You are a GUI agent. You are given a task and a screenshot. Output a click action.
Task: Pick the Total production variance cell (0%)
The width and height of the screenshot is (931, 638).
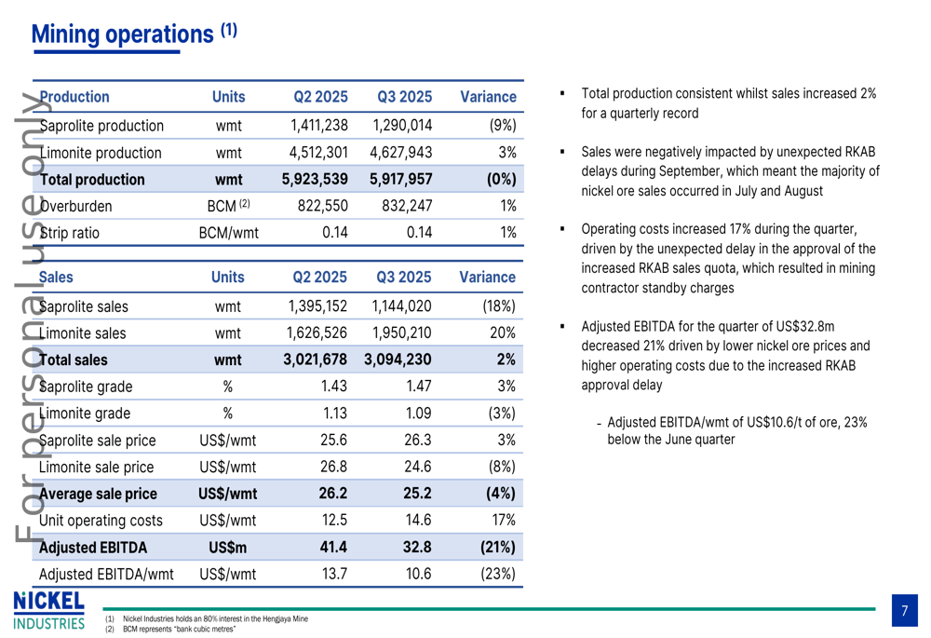click(x=501, y=180)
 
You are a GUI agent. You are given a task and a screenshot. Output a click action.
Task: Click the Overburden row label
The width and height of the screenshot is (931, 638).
click(x=75, y=207)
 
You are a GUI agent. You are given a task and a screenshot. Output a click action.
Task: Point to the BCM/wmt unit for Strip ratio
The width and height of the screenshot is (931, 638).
click(x=228, y=233)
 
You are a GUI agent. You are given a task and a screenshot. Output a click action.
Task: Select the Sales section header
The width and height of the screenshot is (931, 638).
click(x=57, y=277)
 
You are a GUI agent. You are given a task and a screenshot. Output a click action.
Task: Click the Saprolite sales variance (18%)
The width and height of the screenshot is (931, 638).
click(x=498, y=305)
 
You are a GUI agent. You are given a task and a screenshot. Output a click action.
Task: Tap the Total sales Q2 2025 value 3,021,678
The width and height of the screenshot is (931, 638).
click(x=315, y=360)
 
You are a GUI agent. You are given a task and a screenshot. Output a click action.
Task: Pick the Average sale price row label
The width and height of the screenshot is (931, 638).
click(x=98, y=494)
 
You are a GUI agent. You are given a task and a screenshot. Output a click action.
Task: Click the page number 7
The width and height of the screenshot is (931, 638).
click(x=904, y=612)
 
